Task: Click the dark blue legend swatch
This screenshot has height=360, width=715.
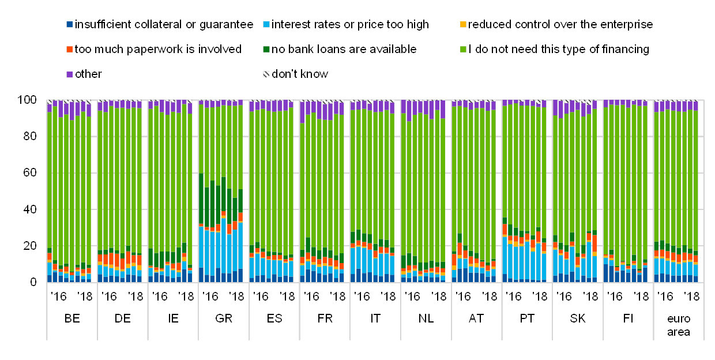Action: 70,25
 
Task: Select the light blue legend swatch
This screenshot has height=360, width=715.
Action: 266,25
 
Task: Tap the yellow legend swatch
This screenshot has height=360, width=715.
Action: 462,25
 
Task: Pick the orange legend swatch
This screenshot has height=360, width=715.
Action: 70,50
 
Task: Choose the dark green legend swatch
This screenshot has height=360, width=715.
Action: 266,50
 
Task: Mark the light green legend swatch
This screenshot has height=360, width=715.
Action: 462,50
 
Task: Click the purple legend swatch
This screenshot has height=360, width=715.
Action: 70,74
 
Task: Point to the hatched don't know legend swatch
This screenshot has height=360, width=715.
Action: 266,74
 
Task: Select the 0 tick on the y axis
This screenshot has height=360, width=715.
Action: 33,282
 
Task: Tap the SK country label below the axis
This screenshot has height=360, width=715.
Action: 578,318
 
